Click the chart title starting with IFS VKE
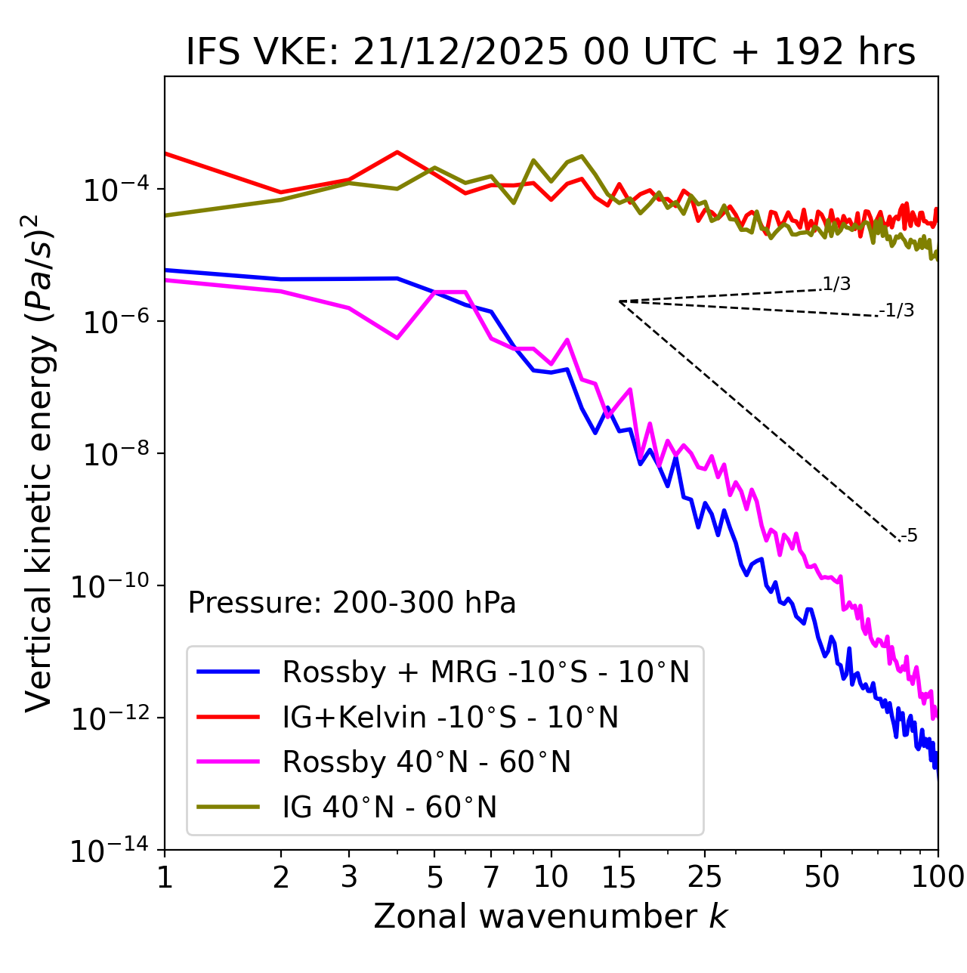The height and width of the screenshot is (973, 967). pos(551,53)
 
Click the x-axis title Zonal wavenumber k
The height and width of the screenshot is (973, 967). pos(551,916)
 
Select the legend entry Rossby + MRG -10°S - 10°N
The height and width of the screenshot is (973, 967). pos(486,672)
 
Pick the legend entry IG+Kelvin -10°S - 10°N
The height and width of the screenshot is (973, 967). pos(450,717)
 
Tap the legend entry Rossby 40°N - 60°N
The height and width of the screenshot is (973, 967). pos(426,762)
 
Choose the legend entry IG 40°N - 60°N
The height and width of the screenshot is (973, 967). pos(389,808)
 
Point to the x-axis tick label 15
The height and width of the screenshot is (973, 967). pos(619,877)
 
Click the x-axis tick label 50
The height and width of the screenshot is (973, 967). pos(821,877)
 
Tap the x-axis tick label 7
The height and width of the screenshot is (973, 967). pos(491,877)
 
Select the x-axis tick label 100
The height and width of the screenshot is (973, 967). pos(938,877)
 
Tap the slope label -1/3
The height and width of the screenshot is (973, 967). pos(897,310)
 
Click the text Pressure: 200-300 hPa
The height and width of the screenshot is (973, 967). pos(351,603)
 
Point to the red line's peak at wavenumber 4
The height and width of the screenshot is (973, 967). pos(397,152)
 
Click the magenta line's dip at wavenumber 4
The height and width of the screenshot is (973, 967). pos(397,338)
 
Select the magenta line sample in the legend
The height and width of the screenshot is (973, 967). pos(228,762)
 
